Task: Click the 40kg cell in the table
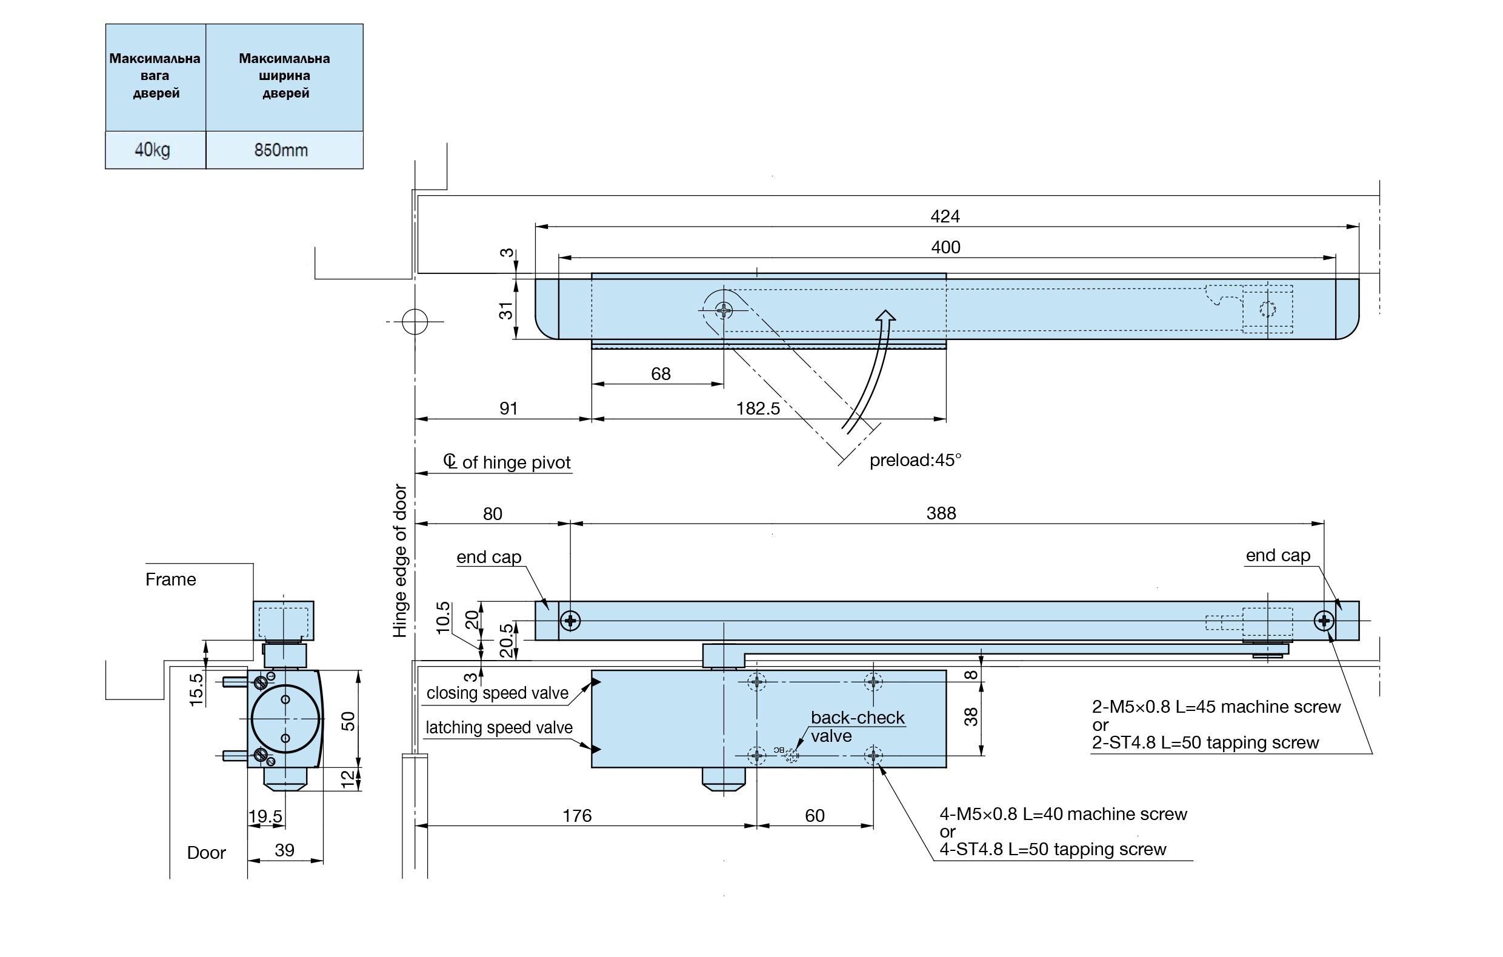153,150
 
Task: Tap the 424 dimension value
945,216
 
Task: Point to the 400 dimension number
945,247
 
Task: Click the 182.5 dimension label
758,408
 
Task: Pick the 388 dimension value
941,513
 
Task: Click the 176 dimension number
577,815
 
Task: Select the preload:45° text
915,460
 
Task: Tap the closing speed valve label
498,693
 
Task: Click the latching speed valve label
499,727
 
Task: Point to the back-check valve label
857,727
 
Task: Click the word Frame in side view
170,579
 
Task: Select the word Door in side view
206,853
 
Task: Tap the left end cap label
488,557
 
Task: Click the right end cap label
1278,556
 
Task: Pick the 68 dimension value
661,374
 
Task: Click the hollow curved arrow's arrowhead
885,316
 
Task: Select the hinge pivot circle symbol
415,321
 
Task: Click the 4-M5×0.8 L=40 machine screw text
1063,814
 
